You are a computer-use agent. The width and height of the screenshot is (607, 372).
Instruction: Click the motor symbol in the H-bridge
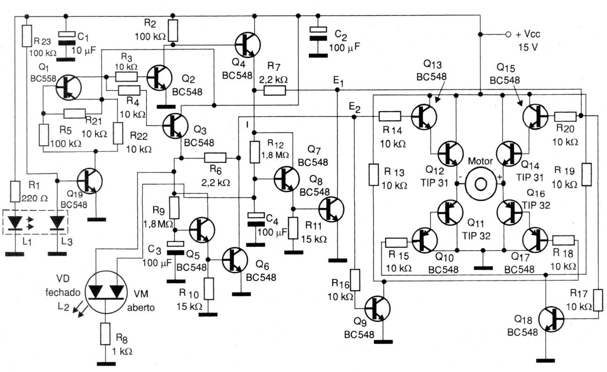click(481, 184)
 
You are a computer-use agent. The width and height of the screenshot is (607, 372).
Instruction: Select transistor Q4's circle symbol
click(248, 45)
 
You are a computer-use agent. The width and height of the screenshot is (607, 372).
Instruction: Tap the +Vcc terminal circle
click(508, 35)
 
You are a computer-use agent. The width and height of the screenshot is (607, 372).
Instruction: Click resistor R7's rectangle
click(275, 90)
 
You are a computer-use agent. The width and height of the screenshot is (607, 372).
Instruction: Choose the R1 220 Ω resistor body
click(15, 192)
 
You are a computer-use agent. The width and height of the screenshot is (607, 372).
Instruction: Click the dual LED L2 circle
click(106, 292)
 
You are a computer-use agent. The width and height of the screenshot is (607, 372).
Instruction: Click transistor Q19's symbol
click(90, 181)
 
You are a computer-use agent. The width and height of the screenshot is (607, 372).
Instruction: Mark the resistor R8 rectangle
click(105, 334)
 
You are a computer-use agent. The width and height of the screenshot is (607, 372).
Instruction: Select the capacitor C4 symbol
click(256, 219)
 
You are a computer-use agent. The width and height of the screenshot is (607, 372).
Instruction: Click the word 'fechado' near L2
click(63, 293)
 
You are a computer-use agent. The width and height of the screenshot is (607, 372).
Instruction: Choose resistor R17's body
click(598, 300)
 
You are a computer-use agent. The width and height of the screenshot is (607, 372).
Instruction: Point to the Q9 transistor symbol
click(378, 308)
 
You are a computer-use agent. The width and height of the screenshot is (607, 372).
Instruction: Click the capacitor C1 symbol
click(66, 38)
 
